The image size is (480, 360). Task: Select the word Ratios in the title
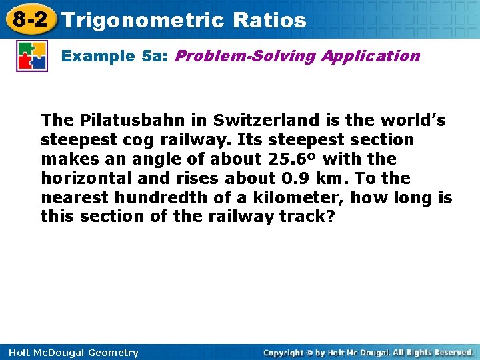270,20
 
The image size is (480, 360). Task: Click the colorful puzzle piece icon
32,56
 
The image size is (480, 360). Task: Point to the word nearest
71,198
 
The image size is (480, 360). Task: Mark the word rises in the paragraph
203,179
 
